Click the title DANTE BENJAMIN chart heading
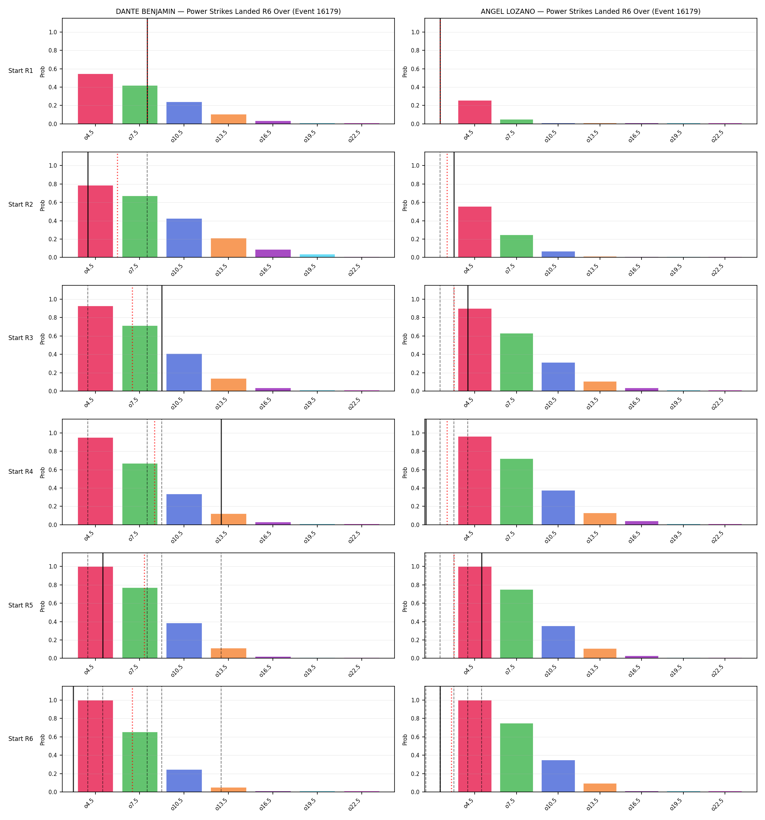tap(228, 12)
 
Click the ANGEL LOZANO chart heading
tap(591, 12)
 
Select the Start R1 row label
tap(21, 71)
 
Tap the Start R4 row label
tap(21, 472)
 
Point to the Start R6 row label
tap(21, 739)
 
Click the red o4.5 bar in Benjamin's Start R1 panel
tap(95, 99)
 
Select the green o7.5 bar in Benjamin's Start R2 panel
tap(140, 227)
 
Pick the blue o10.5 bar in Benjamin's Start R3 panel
tap(184, 372)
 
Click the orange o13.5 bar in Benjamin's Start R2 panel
tap(228, 248)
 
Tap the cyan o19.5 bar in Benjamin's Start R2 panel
tap(317, 256)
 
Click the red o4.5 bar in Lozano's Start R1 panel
tap(475, 112)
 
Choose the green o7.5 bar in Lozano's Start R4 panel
tap(516, 492)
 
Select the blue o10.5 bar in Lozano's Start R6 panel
tap(558, 776)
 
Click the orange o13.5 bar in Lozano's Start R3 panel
tap(600, 386)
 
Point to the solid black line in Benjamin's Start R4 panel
tap(221, 472)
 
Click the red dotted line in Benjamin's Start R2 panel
tap(118, 204)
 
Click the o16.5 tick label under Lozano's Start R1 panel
tap(634, 136)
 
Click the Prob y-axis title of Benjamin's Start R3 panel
tap(43, 339)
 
